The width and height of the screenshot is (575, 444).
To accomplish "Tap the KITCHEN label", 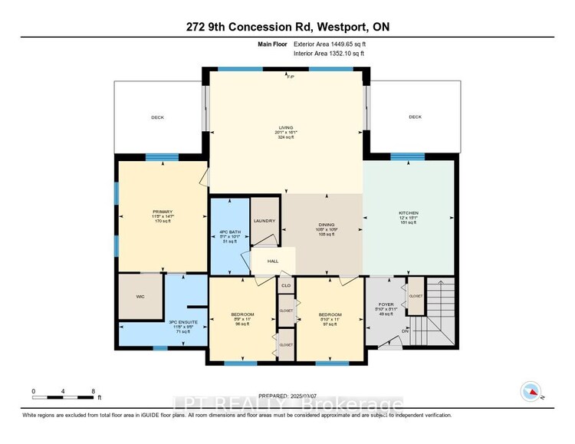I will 408,212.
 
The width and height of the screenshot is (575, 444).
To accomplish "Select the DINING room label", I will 323,223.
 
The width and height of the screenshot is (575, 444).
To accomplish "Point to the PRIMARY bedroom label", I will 162,212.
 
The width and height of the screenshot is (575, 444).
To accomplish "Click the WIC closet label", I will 140,295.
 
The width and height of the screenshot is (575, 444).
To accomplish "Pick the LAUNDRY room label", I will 264,221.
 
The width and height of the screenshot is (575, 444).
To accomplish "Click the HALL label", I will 272,261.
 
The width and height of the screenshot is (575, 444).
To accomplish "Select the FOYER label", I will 386,304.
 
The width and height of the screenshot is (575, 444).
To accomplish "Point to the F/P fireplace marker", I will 290,77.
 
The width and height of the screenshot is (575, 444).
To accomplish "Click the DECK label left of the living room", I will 157,117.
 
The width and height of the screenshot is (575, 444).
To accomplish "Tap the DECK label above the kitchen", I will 415,117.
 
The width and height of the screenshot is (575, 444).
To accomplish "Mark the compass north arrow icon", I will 530,390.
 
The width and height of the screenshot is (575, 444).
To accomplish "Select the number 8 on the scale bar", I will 93,391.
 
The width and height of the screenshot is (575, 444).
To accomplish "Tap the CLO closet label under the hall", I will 286,285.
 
